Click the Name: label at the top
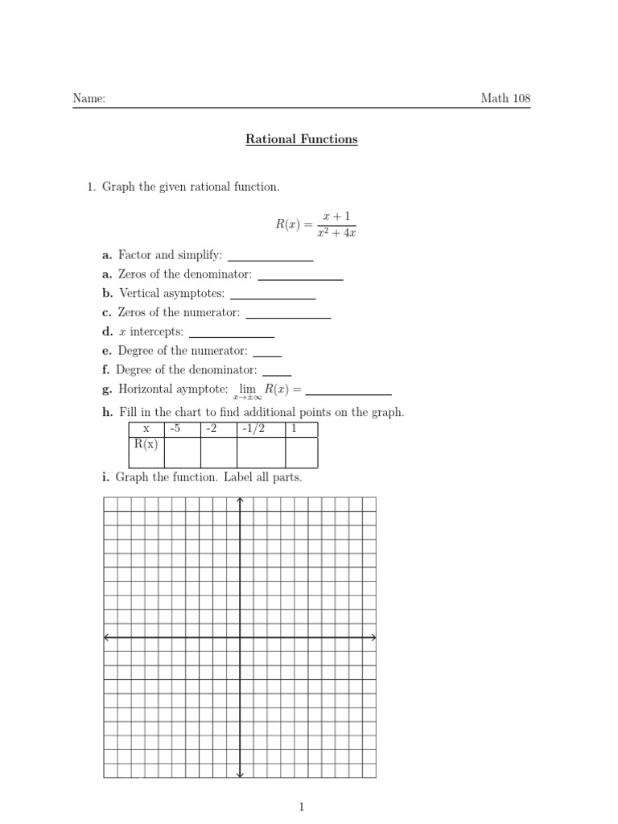pos(89,99)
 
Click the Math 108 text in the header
pos(505,99)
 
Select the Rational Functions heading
pos(301,139)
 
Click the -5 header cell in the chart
pos(182,429)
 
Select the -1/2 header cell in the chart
pos(262,429)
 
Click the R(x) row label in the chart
pos(146,443)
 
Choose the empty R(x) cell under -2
pos(218,452)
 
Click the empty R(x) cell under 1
pos(302,452)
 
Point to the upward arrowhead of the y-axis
pos(241,501)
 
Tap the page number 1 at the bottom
pos(301,806)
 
